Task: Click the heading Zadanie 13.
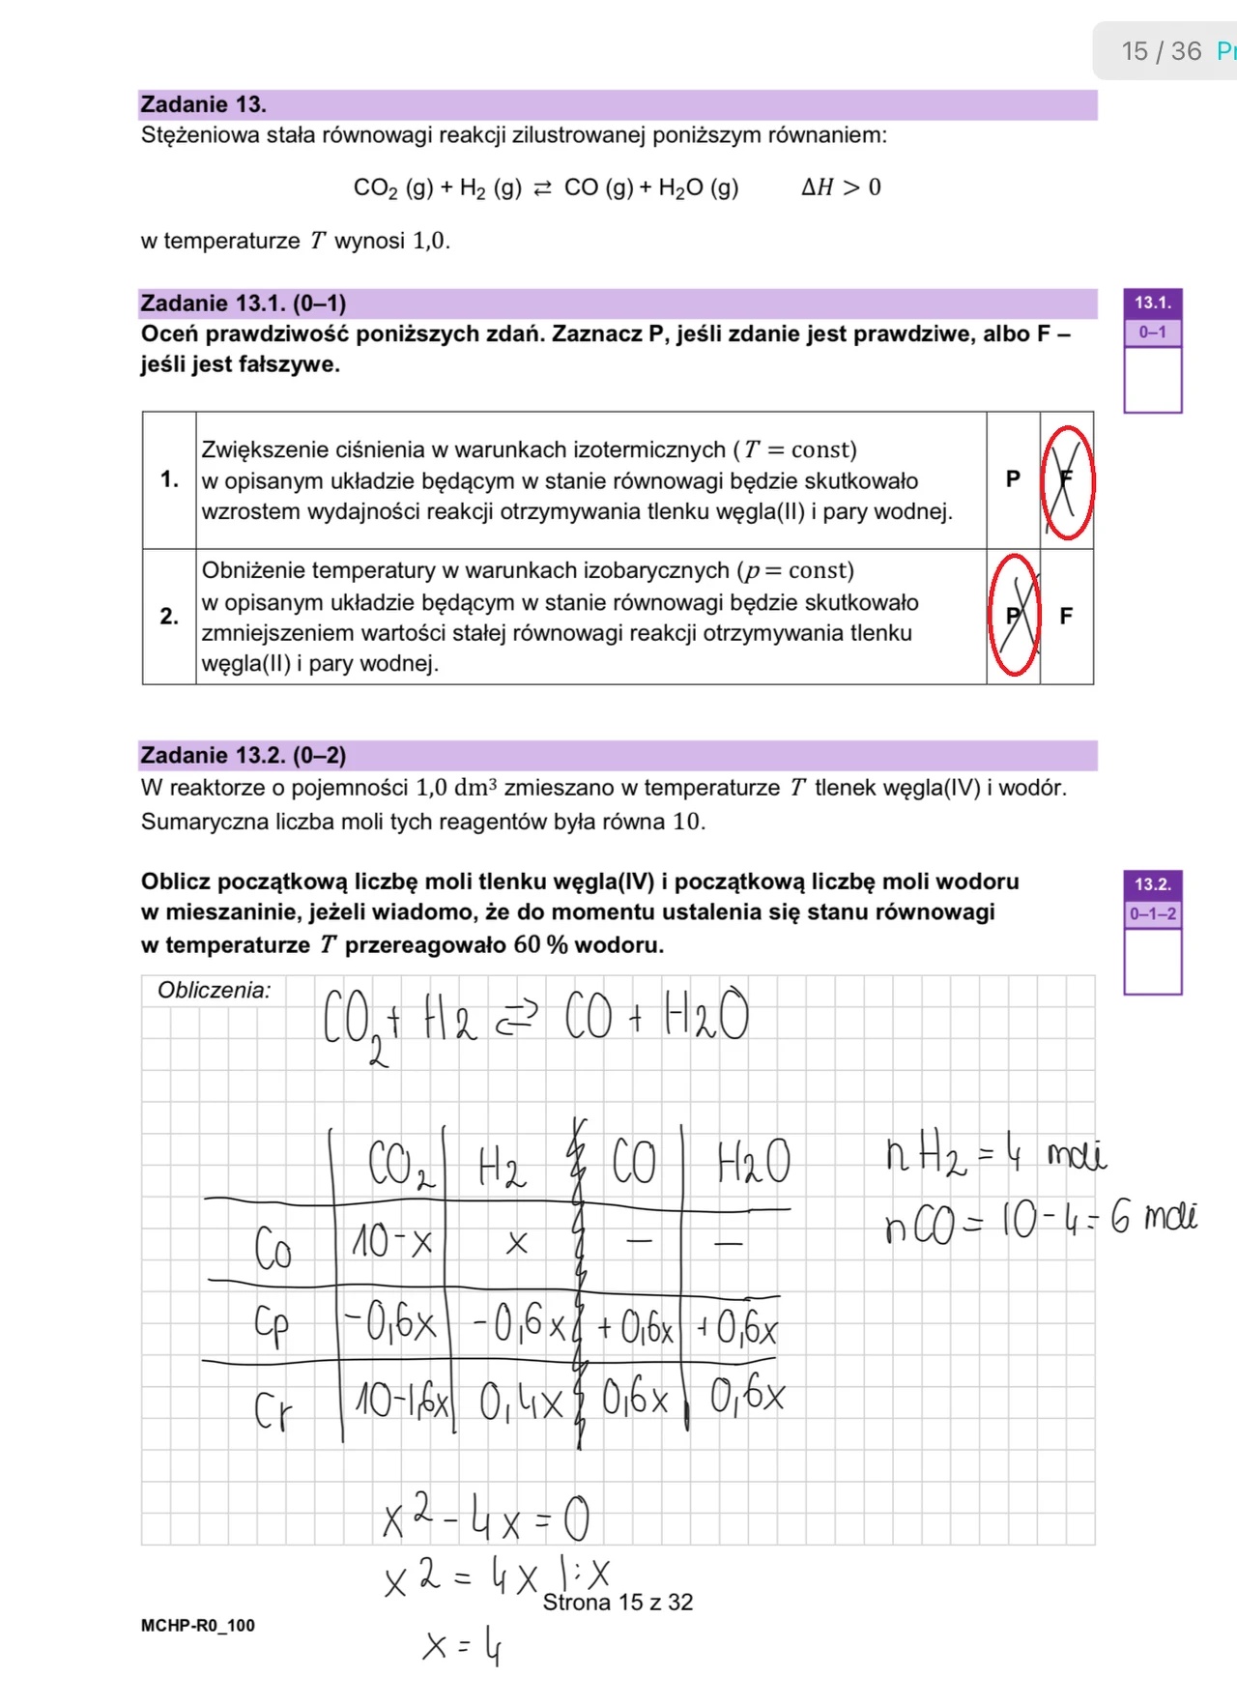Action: coord(203,104)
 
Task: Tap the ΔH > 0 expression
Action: coord(840,188)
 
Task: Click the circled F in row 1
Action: coord(1066,480)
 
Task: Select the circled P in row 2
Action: coord(1013,616)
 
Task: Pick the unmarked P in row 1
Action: coord(1013,478)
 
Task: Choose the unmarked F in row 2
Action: coord(1066,616)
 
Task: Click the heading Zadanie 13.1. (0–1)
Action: coord(243,304)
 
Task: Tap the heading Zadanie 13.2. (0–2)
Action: coord(243,755)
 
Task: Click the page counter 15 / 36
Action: coord(1161,51)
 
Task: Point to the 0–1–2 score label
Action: coord(1152,913)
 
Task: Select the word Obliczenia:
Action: coord(214,991)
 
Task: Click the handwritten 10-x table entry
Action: coord(391,1242)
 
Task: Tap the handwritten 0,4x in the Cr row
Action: coord(520,1402)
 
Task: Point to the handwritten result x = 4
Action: coord(462,1645)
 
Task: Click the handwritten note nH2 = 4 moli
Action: coord(995,1155)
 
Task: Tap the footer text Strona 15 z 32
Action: coord(618,1603)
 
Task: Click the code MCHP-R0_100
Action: coord(197,1626)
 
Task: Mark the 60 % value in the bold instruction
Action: coord(540,944)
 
